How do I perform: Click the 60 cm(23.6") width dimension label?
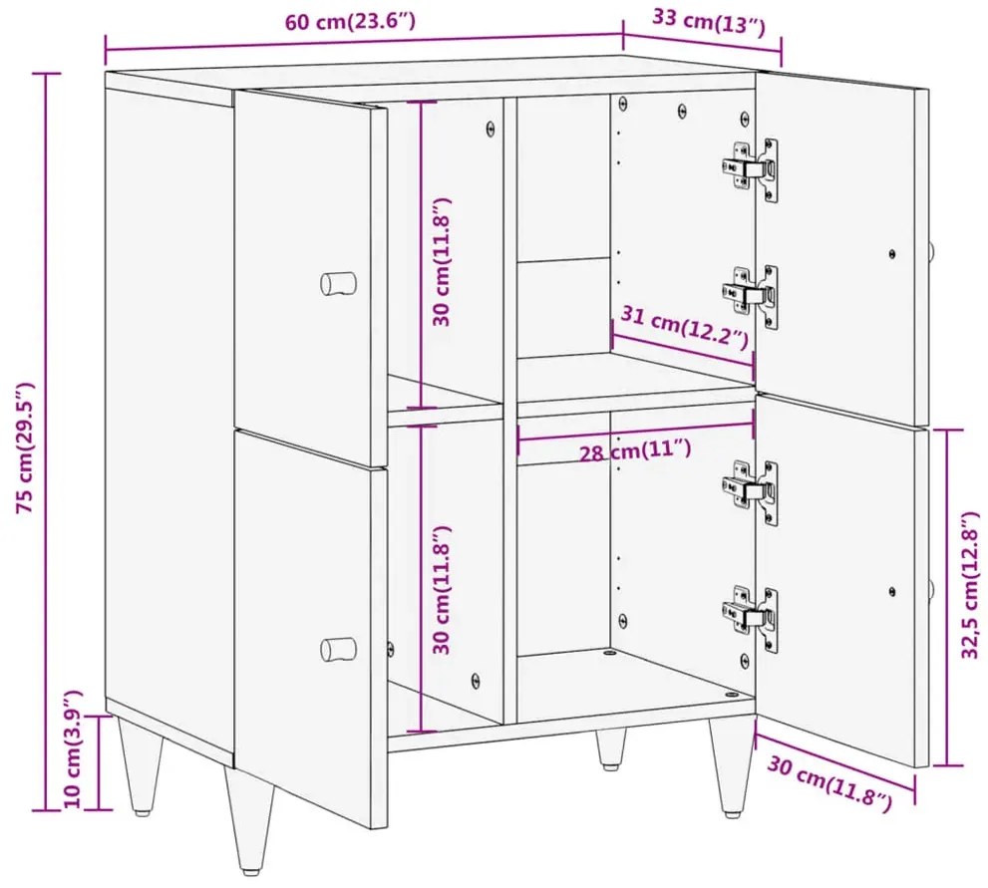coord(350,22)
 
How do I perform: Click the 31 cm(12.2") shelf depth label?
coord(684,327)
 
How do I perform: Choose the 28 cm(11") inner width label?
coord(634,449)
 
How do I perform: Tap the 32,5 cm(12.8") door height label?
coord(971,585)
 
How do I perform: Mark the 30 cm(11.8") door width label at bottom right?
coord(829,782)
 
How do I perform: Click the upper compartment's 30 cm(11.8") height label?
coord(443,261)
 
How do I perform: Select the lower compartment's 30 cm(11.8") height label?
coord(443,589)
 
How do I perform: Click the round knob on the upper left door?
coord(338,283)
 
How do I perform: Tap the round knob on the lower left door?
coord(338,649)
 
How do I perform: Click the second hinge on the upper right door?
coord(750,296)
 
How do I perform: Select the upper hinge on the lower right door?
coord(750,492)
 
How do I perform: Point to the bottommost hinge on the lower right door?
coord(750,619)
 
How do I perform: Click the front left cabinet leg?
coord(249,818)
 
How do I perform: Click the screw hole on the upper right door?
coord(891,254)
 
